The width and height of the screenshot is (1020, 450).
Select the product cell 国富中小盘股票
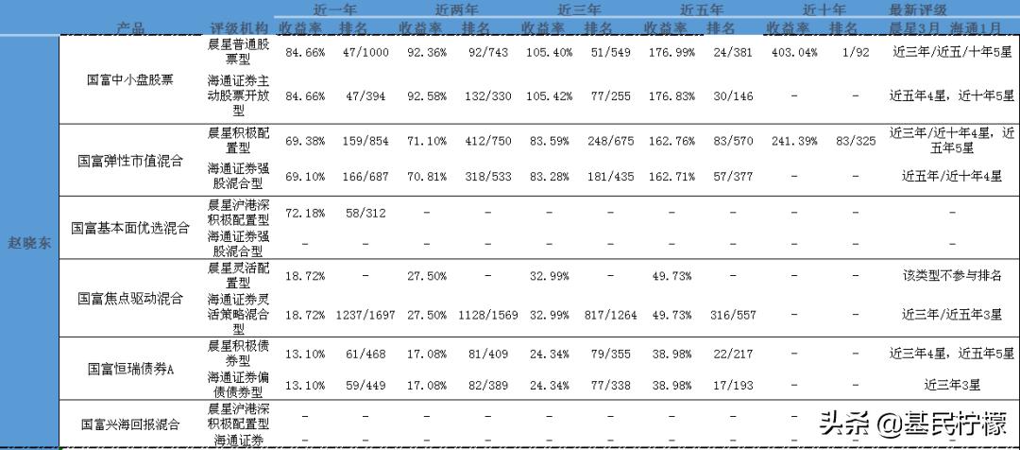(129, 79)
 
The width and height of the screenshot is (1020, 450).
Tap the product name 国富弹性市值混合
(129, 161)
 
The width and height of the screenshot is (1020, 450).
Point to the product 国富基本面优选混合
(129, 228)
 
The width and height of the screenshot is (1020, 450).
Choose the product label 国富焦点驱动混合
(129, 298)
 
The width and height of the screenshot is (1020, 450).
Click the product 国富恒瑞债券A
(129, 368)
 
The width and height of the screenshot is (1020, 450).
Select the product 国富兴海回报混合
(129, 424)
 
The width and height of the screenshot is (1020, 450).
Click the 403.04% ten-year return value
(795, 53)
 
